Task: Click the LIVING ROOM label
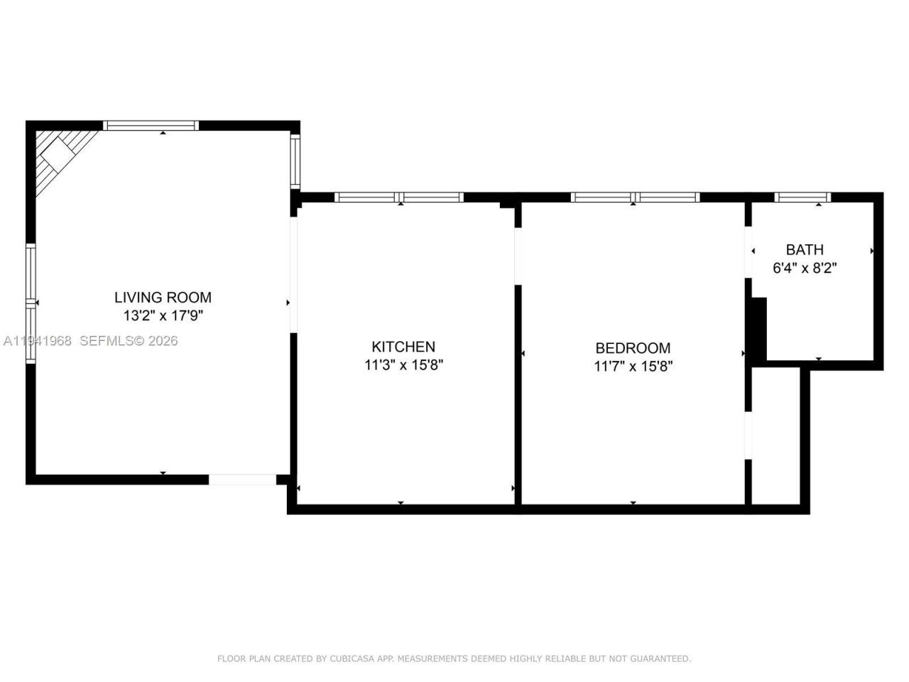[163, 298]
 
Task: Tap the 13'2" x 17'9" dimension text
[163, 316]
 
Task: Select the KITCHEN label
[403, 347]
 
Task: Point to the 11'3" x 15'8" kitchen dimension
[403, 365]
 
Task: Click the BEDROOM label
[632, 348]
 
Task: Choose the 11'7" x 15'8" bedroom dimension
[632, 367]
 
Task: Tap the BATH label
[804, 249]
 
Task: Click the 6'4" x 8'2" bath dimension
[804, 268]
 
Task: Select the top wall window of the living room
[151, 126]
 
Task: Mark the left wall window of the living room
[31, 303]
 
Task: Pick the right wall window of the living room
[295, 161]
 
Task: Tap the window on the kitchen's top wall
[399, 197]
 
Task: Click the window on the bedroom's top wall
[635, 197]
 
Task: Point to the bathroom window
[802, 197]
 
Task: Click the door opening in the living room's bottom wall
[242, 480]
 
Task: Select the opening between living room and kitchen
[293, 274]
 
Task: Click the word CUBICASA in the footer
[353, 659]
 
